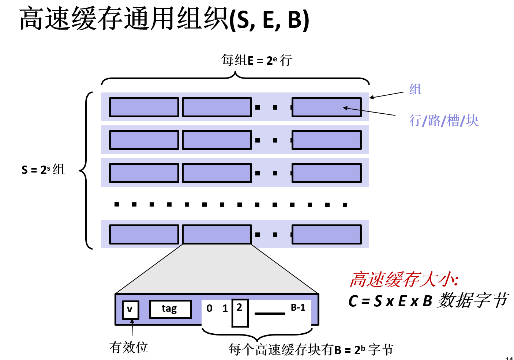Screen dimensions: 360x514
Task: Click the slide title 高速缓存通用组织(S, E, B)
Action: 164,19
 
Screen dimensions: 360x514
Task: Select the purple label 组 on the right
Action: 415,89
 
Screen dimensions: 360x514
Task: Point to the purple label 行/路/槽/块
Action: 443,121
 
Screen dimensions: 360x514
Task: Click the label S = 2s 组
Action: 43,170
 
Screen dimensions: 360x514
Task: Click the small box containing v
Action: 130,310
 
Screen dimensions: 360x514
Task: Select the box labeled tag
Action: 170,309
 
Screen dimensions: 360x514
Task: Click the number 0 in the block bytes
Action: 209,308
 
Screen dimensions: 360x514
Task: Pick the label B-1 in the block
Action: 298,308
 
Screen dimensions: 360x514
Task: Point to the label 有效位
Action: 128,347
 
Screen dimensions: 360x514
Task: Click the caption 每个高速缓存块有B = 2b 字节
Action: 311,350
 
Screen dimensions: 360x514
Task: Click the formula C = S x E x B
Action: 390,301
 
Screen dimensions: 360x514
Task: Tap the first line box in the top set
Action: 144,107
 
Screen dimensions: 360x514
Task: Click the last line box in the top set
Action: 326,107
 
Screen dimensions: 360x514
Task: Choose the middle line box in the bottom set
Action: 217,235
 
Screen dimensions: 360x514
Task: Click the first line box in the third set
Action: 144,173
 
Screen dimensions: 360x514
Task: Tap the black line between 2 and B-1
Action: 270,314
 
